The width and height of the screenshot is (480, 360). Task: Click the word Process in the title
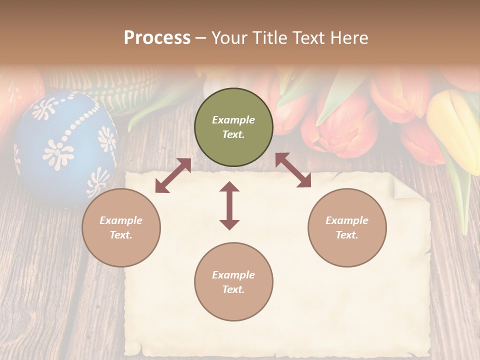[157, 38]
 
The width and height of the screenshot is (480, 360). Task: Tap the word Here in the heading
[348, 38]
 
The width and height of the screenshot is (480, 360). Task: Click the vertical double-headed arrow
[229, 206]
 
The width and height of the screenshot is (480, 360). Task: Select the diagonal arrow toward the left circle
[173, 175]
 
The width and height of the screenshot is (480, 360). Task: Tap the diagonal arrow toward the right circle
[293, 170]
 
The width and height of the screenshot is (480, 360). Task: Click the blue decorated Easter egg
[65, 147]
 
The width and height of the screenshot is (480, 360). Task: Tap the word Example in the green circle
[233, 120]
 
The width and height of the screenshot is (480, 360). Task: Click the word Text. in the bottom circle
[233, 289]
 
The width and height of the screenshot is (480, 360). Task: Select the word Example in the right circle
[347, 220]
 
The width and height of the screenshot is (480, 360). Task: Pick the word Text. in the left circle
[121, 235]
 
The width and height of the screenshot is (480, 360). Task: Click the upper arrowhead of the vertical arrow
[229, 187]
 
